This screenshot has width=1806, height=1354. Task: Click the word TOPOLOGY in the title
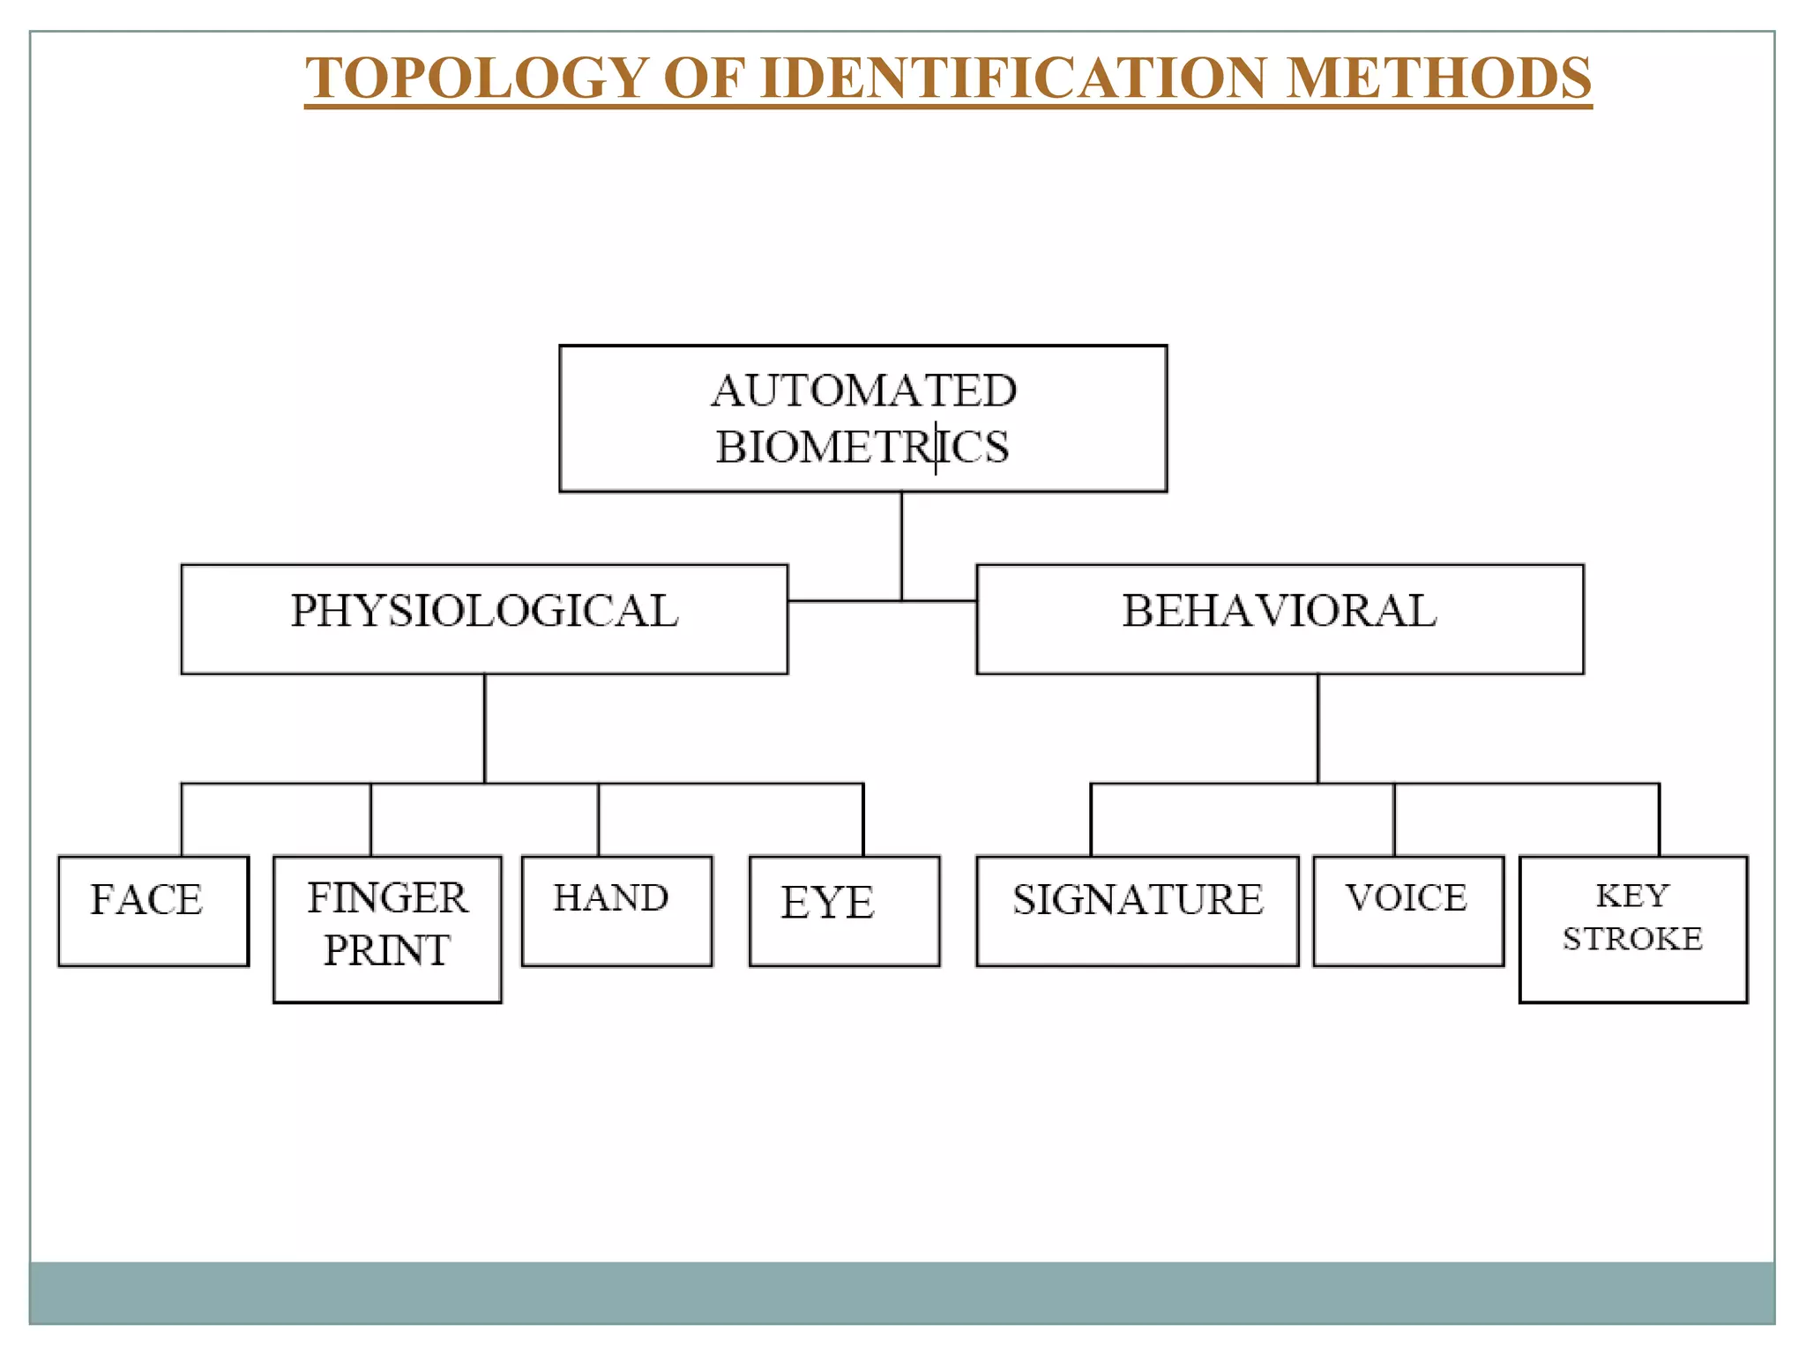pyautogui.click(x=477, y=78)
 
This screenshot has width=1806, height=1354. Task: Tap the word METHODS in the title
pyautogui.click(x=1439, y=78)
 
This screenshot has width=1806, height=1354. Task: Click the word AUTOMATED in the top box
pyautogui.click(x=864, y=391)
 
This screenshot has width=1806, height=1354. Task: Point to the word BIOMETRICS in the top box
pyautogui.click(x=862, y=447)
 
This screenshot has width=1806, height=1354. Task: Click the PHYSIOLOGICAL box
pyautogui.click(x=484, y=619)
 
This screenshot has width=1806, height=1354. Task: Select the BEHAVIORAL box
pyautogui.click(x=1280, y=619)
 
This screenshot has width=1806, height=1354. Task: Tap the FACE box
pyautogui.click(x=153, y=911)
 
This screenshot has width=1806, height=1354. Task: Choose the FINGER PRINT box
pyautogui.click(x=387, y=928)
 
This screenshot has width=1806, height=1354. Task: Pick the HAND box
pyautogui.click(x=616, y=911)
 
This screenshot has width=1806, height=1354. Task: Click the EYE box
pyautogui.click(x=844, y=911)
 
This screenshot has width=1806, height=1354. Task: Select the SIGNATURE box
pyautogui.click(x=1138, y=911)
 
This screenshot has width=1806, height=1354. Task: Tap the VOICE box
pyautogui.click(x=1407, y=911)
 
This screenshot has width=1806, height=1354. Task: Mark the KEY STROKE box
pyautogui.click(x=1633, y=928)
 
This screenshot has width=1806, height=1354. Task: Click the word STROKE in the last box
pyautogui.click(x=1632, y=940)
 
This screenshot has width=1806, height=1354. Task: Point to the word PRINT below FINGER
pyautogui.click(x=387, y=950)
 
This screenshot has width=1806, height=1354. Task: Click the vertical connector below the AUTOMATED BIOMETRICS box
pyautogui.click(x=901, y=546)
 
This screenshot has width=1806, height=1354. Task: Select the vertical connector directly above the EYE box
pyautogui.click(x=863, y=819)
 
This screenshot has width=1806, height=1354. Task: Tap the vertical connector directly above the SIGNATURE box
pyautogui.click(x=1091, y=819)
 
